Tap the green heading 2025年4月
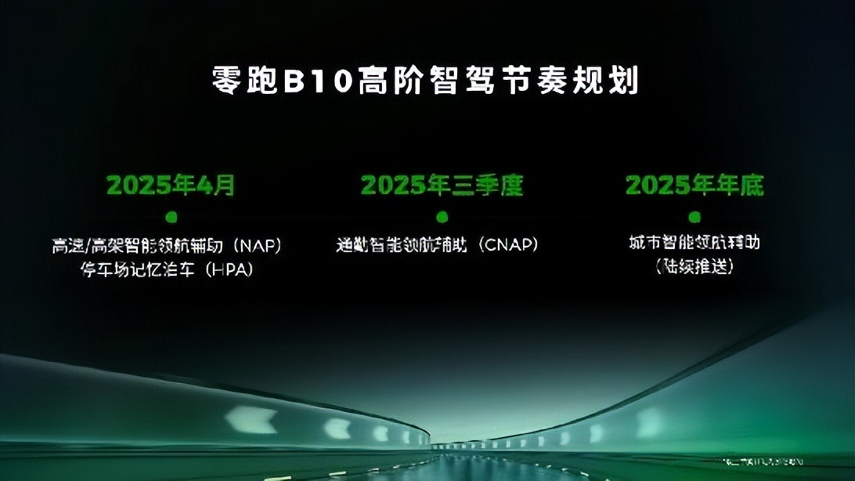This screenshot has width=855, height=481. click(x=171, y=186)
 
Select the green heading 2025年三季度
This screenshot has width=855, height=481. click(x=442, y=186)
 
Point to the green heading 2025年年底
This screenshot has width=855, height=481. click(x=694, y=186)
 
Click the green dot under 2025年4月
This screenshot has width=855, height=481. click(x=171, y=216)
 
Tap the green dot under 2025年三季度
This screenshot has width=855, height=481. click(x=442, y=216)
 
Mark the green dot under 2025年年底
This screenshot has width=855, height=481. click(x=694, y=216)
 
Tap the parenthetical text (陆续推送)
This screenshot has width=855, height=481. click(x=694, y=266)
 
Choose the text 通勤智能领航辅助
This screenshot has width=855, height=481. click(x=401, y=245)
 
